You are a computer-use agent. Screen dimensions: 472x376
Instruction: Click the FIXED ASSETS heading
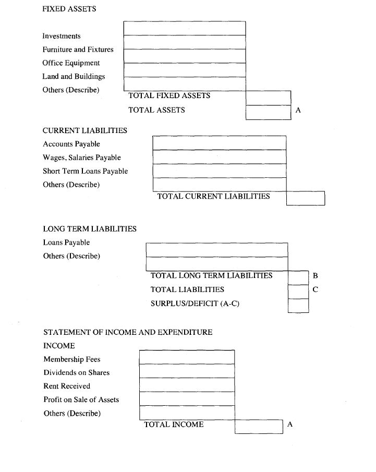click(x=69, y=9)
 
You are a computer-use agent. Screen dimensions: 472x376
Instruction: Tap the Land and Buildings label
click(x=74, y=76)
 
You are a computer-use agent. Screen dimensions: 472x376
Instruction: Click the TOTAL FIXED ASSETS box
click(x=268, y=98)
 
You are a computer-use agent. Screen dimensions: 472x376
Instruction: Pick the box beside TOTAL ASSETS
click(x=268, y=112)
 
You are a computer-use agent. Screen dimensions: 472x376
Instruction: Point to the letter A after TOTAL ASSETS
click(x=298, y=110)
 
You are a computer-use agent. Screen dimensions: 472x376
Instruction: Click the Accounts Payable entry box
click(x=219, y=143)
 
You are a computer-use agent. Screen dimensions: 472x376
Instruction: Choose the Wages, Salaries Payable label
click(x=81, y=158)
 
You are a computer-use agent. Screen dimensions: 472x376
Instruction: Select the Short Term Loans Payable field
click(x=219, y=171)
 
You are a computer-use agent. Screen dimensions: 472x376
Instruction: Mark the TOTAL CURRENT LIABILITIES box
click(x=305, y=198)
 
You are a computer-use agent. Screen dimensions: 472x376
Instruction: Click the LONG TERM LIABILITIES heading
click(x=90, y=228)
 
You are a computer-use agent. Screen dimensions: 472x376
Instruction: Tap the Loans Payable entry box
click(x=216, y=250)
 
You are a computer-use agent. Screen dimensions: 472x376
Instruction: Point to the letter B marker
click(x=315, y=275)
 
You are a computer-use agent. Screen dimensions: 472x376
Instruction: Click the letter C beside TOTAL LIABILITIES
click(x=315, y=289)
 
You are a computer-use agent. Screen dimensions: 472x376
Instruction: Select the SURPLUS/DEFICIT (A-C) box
click(x=298, y=306)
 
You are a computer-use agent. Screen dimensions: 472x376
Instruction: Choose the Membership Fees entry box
click(x=187, y=357)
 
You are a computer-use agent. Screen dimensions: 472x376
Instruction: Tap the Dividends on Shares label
click(x=76, y=372)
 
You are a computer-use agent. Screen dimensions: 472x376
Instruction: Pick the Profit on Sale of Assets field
click(x=187, y=398)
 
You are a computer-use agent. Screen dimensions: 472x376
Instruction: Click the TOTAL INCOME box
click(x=259, y=426)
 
